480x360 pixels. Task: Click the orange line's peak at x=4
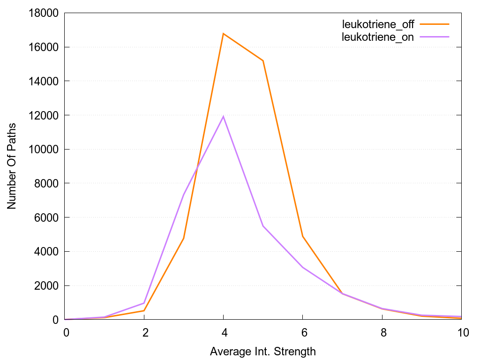224,34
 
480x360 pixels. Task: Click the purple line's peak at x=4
224,116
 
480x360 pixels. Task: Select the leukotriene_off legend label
378,25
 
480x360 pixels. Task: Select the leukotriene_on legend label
378,37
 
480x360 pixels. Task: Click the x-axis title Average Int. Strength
263,351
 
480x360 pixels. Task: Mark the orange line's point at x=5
263,60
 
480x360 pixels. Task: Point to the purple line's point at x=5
263,226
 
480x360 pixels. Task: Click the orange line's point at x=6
303,236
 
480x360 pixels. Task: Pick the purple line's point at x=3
184,195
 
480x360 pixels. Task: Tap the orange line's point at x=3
184,238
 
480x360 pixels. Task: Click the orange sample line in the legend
435,24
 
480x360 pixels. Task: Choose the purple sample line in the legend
435,36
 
